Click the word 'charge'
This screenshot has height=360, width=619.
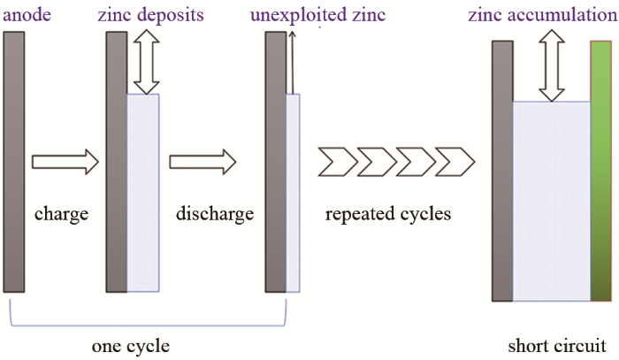point(61,214)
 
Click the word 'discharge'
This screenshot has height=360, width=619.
point(215,214)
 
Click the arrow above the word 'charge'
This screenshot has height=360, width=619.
point(65,162)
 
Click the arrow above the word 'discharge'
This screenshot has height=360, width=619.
point(203,162)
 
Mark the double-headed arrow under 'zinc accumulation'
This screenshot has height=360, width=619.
point(553,65)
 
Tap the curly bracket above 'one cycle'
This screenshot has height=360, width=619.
point(149,316)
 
